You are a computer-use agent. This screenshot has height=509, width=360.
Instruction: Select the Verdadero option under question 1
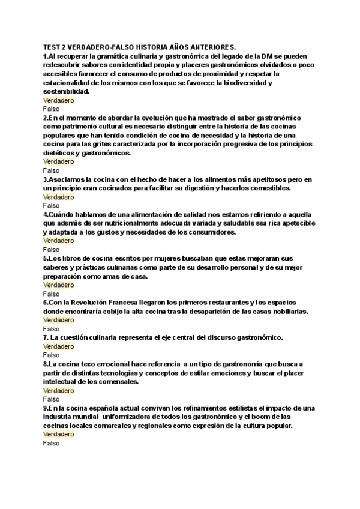(59, 101)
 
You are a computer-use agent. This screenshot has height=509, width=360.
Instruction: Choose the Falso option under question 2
(52, 170)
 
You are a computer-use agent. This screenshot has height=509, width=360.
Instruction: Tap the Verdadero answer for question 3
(59, 197)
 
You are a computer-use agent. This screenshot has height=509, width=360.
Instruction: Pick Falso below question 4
(52, 250)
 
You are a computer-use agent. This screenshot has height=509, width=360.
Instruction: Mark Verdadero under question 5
(59, 285)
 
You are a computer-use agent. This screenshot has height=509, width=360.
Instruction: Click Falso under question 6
(52, 329)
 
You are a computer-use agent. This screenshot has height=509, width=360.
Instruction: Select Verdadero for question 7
(59, 346)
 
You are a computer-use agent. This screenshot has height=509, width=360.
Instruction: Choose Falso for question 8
(52, 399)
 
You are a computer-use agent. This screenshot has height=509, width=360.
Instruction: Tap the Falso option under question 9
(52, 443)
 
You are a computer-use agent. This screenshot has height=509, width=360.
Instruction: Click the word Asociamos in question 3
(67, 179)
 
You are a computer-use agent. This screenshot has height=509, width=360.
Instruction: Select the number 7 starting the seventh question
(45, 338)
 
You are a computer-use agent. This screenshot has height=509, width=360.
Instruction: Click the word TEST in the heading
(52, 46)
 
